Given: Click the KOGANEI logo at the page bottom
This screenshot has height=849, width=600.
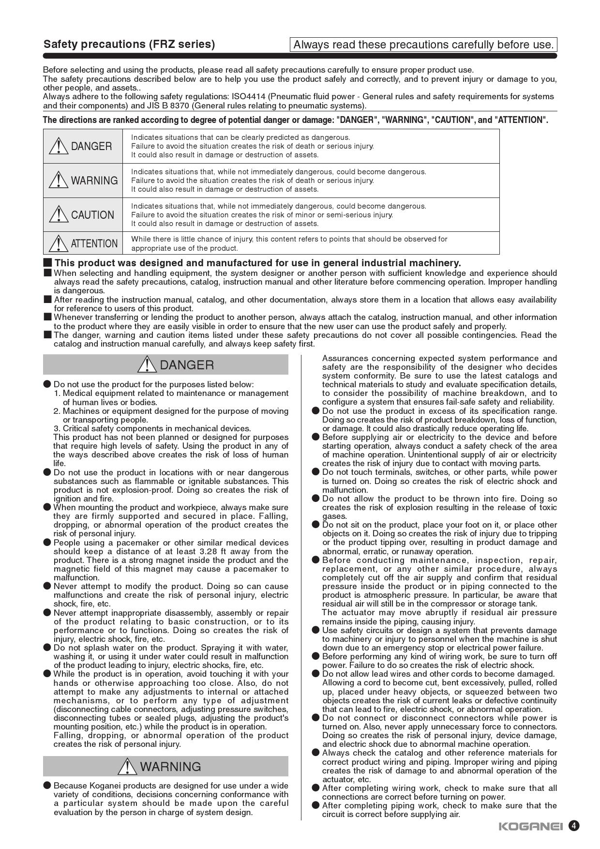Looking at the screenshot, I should point(530,826).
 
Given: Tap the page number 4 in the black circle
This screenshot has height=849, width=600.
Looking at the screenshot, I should point(574,826).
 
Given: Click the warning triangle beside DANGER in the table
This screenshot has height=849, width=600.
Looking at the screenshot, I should point(58,146).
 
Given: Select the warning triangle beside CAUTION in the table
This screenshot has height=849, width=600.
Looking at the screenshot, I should point(58,214).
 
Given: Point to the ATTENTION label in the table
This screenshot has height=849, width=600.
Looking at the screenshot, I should point(94,243).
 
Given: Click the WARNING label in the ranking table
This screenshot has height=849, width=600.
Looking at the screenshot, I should point(94,181).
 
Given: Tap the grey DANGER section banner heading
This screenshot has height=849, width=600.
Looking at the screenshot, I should point(165,365).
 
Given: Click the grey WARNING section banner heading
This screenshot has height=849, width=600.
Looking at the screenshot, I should point(165,767).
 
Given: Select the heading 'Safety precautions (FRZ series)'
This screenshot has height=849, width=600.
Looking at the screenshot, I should point(129,45).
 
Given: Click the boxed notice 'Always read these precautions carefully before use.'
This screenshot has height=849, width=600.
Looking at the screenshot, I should point(423,45).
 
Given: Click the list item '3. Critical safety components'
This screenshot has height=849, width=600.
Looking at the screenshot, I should point(152,428).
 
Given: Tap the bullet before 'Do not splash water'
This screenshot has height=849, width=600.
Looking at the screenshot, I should point(47,648).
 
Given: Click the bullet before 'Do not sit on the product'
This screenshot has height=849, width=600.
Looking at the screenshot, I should point(316,525).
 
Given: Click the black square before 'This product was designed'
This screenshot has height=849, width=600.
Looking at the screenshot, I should point(47,263).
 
